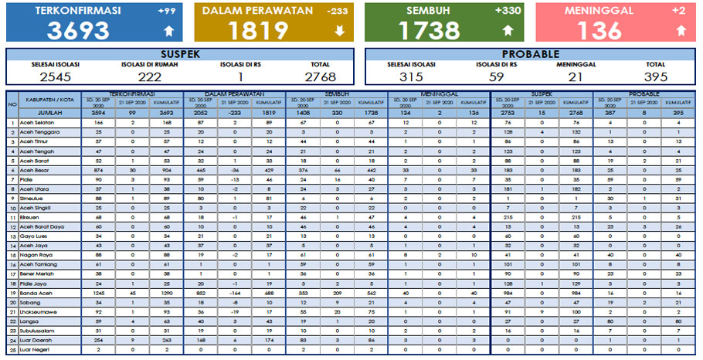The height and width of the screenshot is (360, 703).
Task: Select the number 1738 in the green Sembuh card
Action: click(x=429, y=29)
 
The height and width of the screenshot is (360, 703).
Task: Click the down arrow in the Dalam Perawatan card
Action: click(x=338, y=31)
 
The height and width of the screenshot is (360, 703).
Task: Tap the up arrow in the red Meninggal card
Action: click(x=681, y=31)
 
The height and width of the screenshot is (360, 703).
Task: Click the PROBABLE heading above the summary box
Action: click(x=531, y=54)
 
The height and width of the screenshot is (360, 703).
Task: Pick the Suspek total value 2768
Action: click(x=319, y=76)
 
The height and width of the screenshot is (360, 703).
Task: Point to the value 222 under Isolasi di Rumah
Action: click(x=148, y=76)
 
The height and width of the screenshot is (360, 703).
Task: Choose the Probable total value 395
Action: click(x=655, y=76)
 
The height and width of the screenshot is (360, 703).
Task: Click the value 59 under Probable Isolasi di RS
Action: click(x=497, y=76)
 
